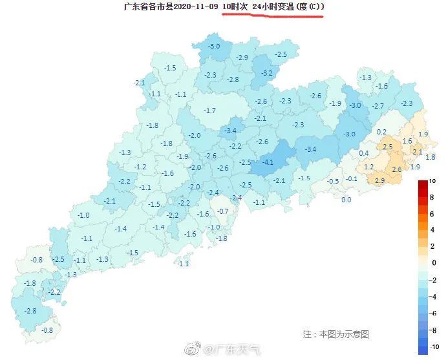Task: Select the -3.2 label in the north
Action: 266,73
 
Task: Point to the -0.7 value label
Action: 222,211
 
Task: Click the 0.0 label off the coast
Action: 346,200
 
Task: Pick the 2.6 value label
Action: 396,169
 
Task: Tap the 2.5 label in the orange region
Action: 388,147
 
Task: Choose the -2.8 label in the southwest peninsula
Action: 30,311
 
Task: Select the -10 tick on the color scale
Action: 434,346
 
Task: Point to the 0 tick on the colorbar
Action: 434,262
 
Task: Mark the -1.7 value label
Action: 209,111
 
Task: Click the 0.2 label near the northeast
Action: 381,132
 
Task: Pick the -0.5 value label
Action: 333,181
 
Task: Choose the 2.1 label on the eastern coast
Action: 417,152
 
